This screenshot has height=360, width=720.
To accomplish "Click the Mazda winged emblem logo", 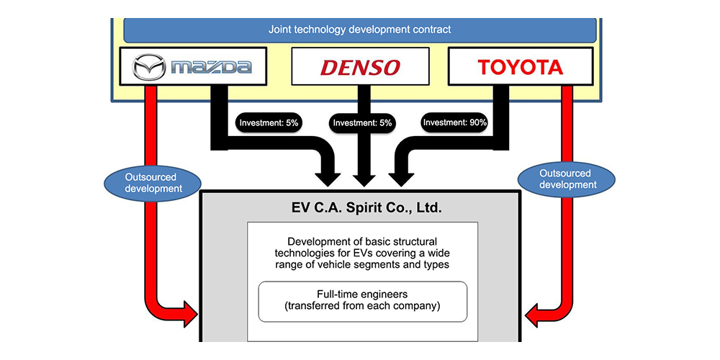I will pos(150,68).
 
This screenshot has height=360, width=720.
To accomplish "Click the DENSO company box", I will pos(360,68).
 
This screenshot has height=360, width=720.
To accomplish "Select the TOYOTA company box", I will pos(520,68).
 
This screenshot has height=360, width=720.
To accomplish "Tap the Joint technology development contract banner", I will pos(360,30).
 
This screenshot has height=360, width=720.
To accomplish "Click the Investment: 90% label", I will pos(455,122).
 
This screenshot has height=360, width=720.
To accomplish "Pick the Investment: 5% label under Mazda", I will pos(268,122).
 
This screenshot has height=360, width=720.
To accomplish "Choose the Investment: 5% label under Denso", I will pos(361,123).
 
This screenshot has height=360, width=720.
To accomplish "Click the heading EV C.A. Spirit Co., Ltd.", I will pos(360,210).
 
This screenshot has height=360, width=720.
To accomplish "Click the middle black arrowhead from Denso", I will pos(360,180).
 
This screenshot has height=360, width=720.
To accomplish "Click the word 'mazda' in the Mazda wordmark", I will pos(212,68).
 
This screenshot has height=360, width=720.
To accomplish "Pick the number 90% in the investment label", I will pos(477,122).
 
